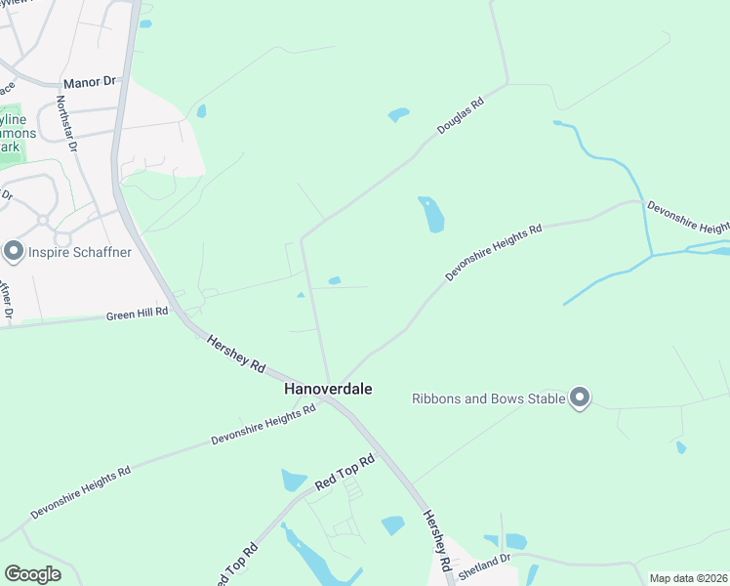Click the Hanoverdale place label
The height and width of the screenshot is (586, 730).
click(x=328, y=389)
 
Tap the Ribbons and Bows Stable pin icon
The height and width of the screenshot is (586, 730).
click(x=580, y=398)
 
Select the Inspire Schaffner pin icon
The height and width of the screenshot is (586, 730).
click(x=14, y=252)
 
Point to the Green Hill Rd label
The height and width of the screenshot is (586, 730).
click(x=137, y=314)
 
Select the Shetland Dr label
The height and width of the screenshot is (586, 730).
click(x=485, y=565)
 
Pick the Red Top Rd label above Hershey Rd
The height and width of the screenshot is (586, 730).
click(x=345, y=473)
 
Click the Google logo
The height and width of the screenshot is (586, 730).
click(x=32, y=574)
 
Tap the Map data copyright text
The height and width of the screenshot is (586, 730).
click(x=688, y=578)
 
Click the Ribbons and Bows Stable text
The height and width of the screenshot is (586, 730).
click(x=488, y=398)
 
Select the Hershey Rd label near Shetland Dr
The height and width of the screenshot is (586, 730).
click(x=435, y=540)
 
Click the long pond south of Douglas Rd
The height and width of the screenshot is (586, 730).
click(x=431, y=214)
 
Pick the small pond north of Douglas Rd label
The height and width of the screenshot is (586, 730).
click(x=398, y=114)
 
